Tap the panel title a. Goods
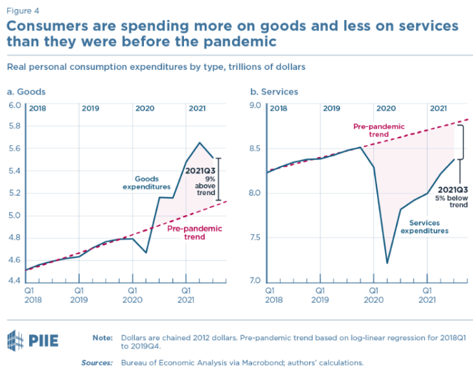click(x=26, y=91)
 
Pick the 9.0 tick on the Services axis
click(x=255, y=105)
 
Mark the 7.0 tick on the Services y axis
click(x=255, y=281)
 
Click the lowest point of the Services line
click(x=387, y=263)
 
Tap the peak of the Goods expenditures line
click(x=200, y=143)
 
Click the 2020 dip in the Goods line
click(x=146, y=252)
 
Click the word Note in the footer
click(x=102, y=338)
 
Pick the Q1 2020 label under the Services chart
click(x=373, y=296)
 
